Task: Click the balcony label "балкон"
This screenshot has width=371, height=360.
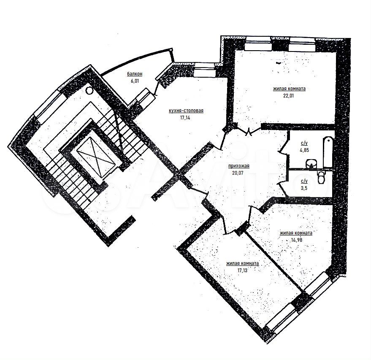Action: [135, 74]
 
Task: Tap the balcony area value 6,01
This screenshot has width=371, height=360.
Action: [135, 81]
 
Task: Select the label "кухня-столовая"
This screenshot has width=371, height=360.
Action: [186, 111]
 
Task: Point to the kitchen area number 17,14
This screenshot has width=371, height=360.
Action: [185, 117]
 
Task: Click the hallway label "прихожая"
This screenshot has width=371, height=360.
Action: [239, 166]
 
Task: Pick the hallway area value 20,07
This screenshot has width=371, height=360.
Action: [238, 173]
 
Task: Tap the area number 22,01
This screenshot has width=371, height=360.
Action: [288, 96]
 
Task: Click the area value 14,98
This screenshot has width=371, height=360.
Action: [296, 240]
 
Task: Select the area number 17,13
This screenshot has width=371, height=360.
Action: [242, 271]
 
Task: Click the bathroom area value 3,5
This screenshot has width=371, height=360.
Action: [304, 188]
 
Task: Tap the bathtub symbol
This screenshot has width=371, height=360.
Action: [328, 152]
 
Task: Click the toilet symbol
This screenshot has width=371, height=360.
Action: [322, 177]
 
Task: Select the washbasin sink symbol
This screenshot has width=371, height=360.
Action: [311, 164]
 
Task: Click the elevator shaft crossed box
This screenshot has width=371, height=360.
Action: [95, 157]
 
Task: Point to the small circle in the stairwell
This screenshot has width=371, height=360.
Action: [89, 91]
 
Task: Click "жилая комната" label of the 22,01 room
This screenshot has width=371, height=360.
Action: [290, 89]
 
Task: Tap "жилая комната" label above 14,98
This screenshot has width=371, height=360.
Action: [296, 233]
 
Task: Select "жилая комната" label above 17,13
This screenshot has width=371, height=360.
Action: [243, 263]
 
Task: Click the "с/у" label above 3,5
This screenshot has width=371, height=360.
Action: [304, 181]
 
